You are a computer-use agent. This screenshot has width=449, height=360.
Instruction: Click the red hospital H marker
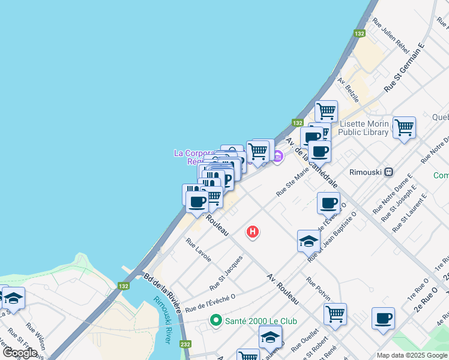pyautogui.click(x=253, y=231)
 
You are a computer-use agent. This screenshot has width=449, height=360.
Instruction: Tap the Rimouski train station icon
pyautogui.click(x=389, y=171)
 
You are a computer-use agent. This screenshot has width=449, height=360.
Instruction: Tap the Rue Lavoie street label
pyautogui.click(x=199, y=250)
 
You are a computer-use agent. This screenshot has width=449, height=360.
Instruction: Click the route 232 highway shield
pyautogui.click(x=185, y=344)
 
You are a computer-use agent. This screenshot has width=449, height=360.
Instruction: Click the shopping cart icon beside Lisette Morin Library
pyautogui.click(x=404, y=127)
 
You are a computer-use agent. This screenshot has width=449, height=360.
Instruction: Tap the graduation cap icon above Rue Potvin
pyautogui.click(x=308, y=241)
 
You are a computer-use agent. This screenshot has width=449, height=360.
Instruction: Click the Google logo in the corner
pyautogui.click(x=20, y=352)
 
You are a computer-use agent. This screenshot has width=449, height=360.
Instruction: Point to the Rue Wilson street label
pyautogui.click(x=36, y=338)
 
